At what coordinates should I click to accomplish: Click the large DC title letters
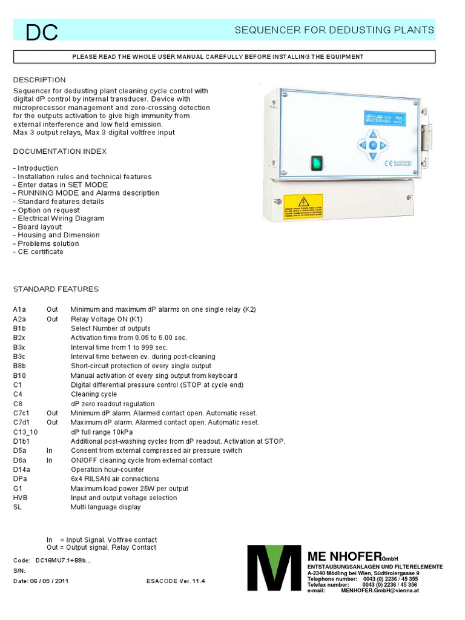click(x=42, y=33)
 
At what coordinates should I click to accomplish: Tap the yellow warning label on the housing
click(x=303, y=206)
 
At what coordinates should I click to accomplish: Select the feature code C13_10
click(x=25, y=432)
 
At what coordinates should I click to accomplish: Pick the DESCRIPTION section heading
click(x=39, y=80)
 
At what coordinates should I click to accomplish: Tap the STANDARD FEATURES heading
click(x=56, y=289)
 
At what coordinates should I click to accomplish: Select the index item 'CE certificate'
click(x=38, y=251)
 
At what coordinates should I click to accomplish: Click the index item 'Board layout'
click(x=38, y=226)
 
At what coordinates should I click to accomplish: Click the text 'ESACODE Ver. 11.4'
click(x=176, y=581)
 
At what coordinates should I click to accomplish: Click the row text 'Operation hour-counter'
click(x=107, y=469)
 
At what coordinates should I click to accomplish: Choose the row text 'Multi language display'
click(x=105, y=507)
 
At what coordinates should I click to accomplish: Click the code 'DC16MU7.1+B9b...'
click(x=64, y=560)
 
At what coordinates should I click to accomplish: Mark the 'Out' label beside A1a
click(x=52, y=309)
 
